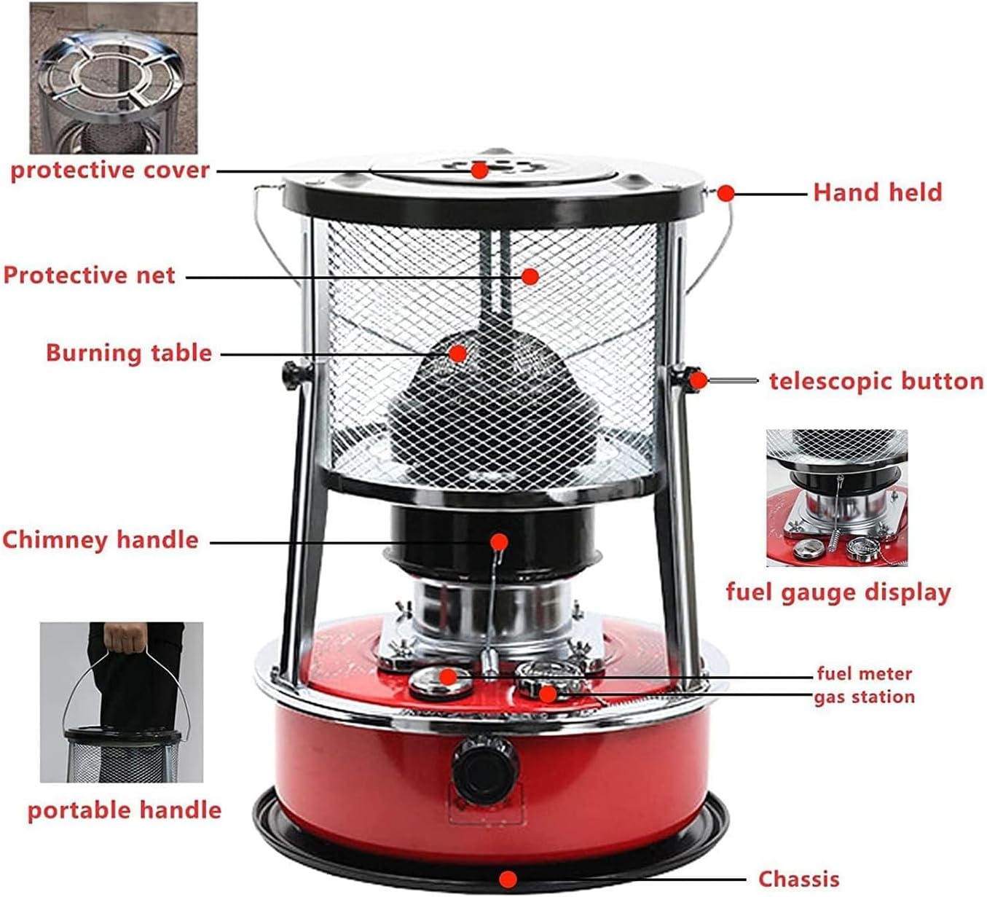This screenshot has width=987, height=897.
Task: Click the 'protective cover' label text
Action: pyautogui.click(x=109, y=171)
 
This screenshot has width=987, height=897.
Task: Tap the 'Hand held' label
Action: pyautogui.click(x=877, y=192)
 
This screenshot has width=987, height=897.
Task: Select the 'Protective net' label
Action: pyautogui.click(x=89, y=275)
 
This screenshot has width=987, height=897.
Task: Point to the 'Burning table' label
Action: pyautogui.click(x=129, y=353)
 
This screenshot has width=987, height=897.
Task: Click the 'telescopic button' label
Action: pyautogui.click(x=876, y=381)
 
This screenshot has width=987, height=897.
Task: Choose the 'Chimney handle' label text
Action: pyautogui.click(x=100, y=540)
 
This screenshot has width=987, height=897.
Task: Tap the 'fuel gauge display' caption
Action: pyautogui.click(x=838, y=592)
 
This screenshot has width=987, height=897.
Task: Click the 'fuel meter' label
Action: pyautogui.click(x=864, y=673)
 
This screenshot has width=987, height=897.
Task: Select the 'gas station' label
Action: pyautogui.click(x=864, y=697)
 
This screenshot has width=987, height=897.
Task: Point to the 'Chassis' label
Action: pyautogui.click(x=798, y=879)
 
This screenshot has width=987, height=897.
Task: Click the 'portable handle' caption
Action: pyautogui.click(x=124, y=810)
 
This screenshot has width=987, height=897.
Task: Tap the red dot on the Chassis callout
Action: pyautogui.click(x=509, y=879)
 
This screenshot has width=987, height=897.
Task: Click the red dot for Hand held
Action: pyautogui.click(x=725, y=193)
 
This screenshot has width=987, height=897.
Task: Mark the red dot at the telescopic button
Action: pyautogui.click(x=698, y=380)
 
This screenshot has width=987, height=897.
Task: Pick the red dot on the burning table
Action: pyautogui.click(x=457, y=353)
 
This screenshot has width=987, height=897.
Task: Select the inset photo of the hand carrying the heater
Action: pyautogui.click(x=122, y=702)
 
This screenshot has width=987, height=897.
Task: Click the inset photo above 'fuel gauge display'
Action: pyautogui.click(x=836, y=498)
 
